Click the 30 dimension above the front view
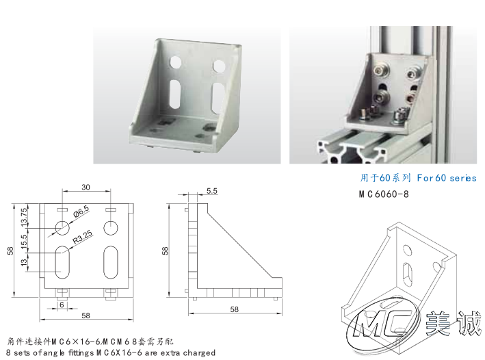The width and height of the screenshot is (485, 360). (x=86, y=188)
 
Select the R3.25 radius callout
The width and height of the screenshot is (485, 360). (x=82, y=237)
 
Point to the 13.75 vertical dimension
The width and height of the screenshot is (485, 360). (x=24, y=217)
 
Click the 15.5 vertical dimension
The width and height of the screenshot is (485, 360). (x=24, y=242)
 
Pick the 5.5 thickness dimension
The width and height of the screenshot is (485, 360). (x=212, y=191)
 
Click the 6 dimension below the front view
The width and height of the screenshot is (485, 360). (x=62, y=305)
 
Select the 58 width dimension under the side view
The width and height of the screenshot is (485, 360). (x=234, y=309)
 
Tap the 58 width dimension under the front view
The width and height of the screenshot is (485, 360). (x=86, y=316)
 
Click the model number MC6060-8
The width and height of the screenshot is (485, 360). (x=384, y=194)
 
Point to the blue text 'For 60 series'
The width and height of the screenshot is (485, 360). (x=446, y=178)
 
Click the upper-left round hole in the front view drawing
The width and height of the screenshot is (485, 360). (x=62, y=228)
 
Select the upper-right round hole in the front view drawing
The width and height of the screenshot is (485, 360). (x=111, y=228)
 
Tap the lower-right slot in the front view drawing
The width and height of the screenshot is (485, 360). (x=111, y=263)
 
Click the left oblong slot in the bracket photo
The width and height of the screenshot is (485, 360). (x=175, y=94)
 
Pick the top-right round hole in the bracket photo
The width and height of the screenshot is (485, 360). (x=219, y=66)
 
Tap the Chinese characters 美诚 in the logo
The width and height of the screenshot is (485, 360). (x=453, y=324)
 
